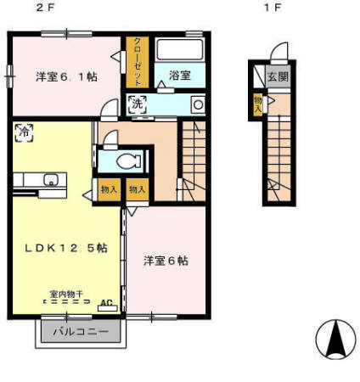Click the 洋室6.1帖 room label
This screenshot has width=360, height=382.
coord(65,76)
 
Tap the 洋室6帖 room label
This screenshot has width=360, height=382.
coord(165,260)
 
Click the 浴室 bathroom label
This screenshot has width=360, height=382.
coord(179,75)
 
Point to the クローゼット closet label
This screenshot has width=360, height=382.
coord(137,62)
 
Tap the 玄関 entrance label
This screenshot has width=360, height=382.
coord(278,76)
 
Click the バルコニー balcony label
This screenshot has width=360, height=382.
coord(81,331)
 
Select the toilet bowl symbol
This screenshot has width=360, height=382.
coord(125,160)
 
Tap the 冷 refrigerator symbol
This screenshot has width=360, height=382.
coord(24,132)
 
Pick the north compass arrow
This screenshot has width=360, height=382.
coord(335,339)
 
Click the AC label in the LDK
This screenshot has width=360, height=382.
coord(107,302)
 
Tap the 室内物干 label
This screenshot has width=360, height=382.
coord(65,293)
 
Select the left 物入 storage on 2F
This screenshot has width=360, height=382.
coord(109,190)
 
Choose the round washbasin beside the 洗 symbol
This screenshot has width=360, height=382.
coord(198,104)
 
